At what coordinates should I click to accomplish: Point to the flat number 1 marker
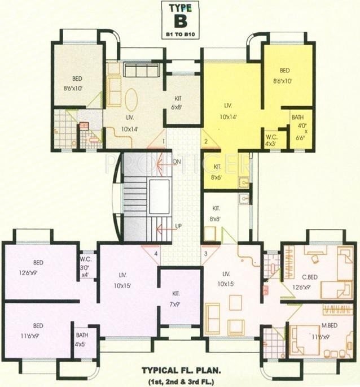click(164, 140)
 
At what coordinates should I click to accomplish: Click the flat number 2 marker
click(207, 141)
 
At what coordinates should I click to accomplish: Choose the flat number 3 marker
click(206, 253)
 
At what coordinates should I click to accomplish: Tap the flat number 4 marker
click(156, 253)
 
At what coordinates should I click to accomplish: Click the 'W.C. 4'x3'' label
click(271, 140)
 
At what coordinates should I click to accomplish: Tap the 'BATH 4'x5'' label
click(82, 339)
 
